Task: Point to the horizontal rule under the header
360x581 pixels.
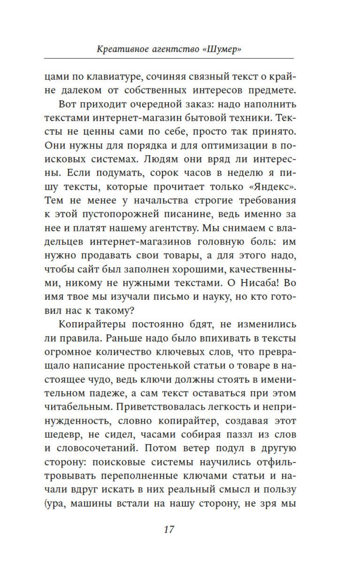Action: (x=169, y=58)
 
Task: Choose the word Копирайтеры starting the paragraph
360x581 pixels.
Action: (x=92, y=324)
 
